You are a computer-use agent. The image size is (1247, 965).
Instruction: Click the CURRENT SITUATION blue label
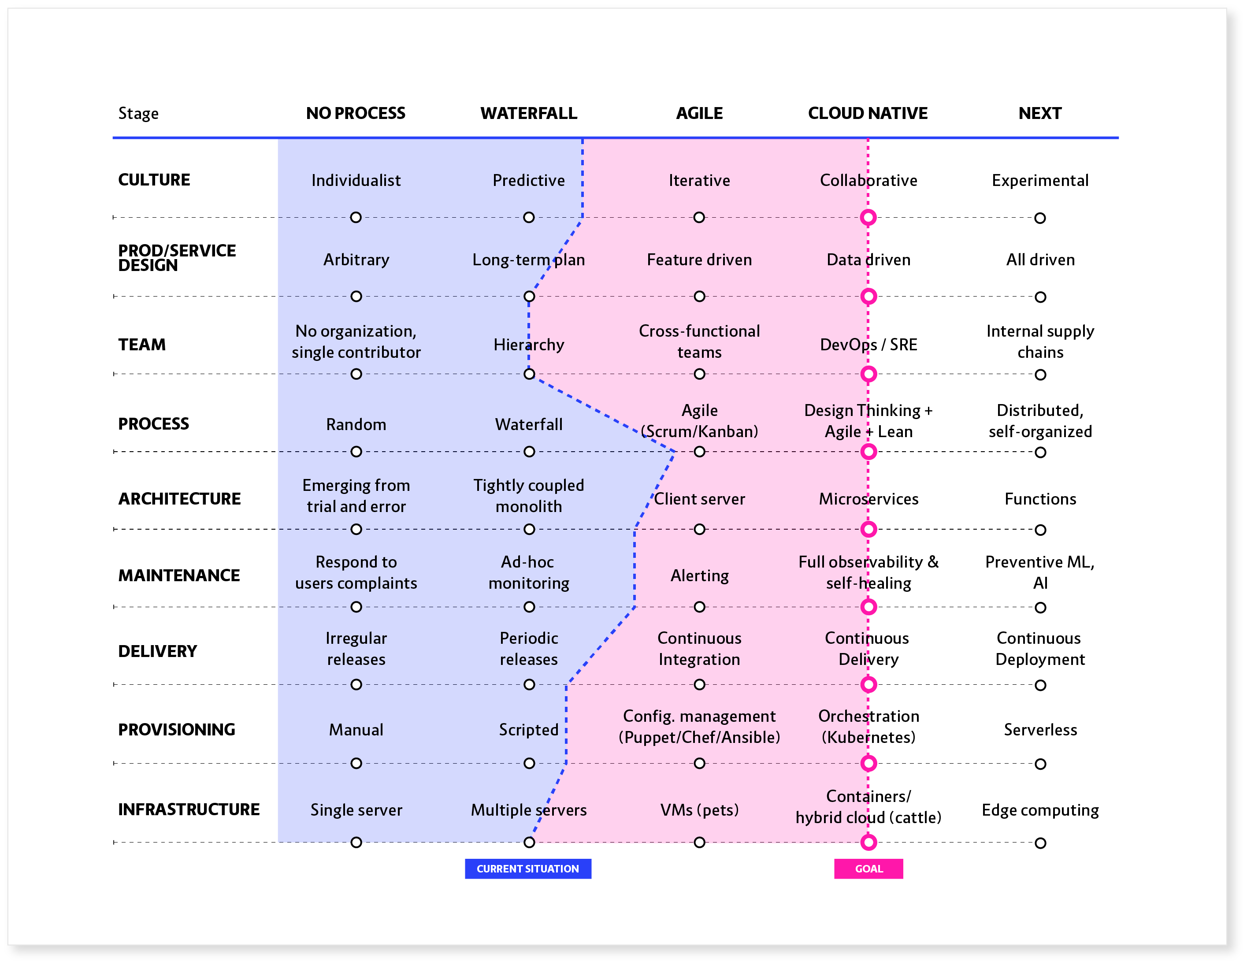coord(527,868)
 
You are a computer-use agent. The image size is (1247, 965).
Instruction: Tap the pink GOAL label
coord(868,868)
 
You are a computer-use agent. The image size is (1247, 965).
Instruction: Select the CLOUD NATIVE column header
coord(867,113)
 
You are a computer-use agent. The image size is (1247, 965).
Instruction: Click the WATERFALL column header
coord(528,113)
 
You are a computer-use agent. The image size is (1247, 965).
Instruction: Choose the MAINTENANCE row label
coord(179,575)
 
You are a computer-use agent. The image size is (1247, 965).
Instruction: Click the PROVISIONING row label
coord(176,729)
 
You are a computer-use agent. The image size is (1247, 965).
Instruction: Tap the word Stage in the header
coord(138,113)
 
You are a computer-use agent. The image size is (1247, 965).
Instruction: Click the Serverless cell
coord(1040,729)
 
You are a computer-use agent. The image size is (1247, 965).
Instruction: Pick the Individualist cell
coord(356,180)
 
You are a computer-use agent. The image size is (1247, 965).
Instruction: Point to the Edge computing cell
coord(1040,810)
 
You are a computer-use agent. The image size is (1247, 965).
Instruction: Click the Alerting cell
coord(699,575)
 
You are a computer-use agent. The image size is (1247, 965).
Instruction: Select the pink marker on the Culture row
coord(868,218)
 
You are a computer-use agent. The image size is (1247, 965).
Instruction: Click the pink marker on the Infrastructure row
coord(868,842)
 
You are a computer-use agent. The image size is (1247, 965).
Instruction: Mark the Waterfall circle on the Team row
coord(529,374)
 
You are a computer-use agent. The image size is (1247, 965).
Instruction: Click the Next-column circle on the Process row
coord(1040,452)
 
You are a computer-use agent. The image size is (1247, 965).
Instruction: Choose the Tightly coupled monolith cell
coord(528,495)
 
